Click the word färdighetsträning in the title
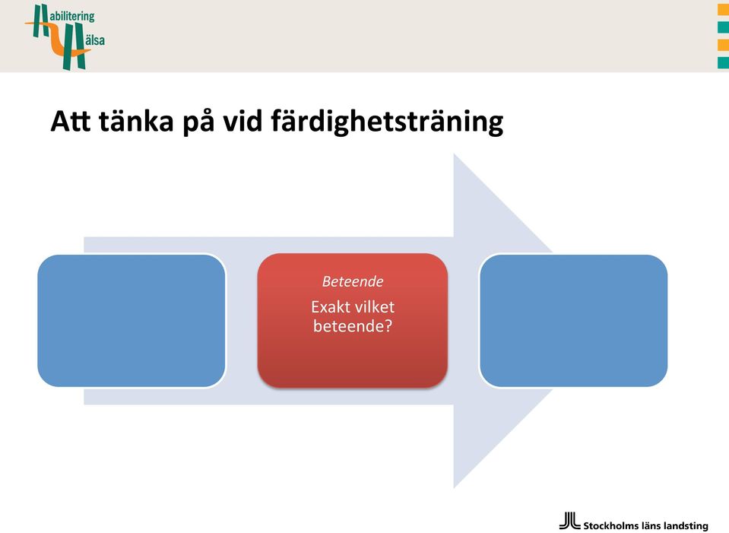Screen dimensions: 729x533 click(387, 122)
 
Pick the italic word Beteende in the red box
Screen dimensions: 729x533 click(353, 281)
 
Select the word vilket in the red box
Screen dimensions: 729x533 click(375, 307)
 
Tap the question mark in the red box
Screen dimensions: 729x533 click(388, 325)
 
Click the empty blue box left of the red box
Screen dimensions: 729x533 click(132, 320)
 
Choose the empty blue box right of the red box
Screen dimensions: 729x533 click(573, 320)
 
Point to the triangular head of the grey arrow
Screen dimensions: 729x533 click(502, 320)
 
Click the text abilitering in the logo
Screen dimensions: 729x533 click(72, 16)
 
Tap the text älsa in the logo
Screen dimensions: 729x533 click(94, 40)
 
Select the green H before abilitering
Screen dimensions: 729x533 click(40, 21)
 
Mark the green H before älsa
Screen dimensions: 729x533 click(74, 46)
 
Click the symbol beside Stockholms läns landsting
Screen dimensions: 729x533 click(569, 520)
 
